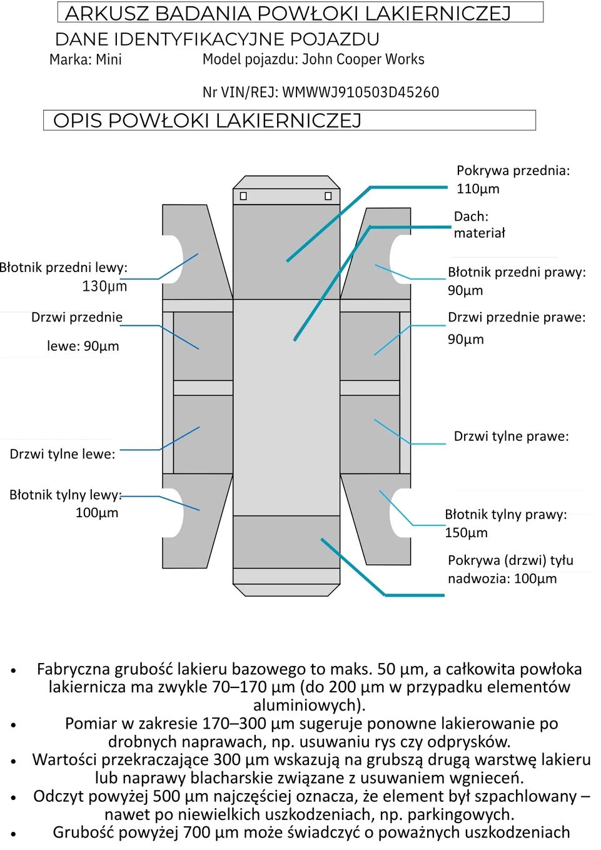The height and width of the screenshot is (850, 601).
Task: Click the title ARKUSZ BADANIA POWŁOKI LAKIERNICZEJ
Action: tap(288, 13)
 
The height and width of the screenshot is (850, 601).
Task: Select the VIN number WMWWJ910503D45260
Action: tap(360, 93)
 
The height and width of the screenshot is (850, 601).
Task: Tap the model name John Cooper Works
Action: tap(363, 59)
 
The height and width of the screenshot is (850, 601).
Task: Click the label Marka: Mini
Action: tap(86, 60)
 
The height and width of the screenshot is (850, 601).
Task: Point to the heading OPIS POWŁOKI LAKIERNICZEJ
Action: tap(208, 120)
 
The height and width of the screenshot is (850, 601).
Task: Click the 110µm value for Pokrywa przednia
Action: tap(478, 189)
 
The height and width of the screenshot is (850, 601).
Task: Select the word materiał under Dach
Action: tap(479, 233)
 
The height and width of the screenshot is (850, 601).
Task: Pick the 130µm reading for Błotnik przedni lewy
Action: tap(104, 286)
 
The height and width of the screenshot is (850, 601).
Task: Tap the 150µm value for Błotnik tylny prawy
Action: tap(466, 533)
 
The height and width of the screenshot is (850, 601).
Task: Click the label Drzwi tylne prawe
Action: tap(511, 437)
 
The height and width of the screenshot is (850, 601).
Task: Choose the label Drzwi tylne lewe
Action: tap(63, 454)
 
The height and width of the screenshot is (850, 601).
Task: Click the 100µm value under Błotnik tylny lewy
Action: tap(97, 513)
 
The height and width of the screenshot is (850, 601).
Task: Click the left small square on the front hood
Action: tap(243, 196)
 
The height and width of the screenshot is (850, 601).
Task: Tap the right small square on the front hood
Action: tap(328, 196)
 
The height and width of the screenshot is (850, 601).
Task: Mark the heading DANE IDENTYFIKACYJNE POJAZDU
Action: tap(217, 39)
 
